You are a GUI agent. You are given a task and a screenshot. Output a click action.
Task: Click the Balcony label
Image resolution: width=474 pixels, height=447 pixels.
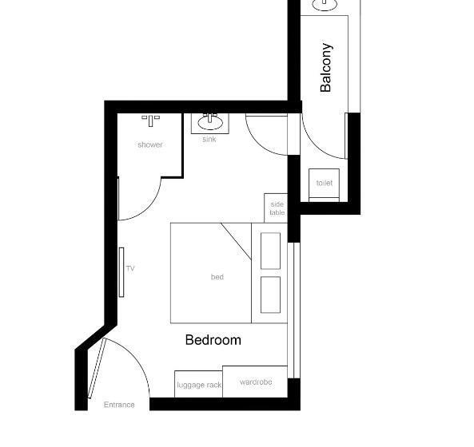pos(325,67)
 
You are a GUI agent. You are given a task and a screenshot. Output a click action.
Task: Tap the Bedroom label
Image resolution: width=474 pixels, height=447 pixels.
pos(213,340)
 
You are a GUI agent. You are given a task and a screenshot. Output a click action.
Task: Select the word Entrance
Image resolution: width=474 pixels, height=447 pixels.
pos(119,405)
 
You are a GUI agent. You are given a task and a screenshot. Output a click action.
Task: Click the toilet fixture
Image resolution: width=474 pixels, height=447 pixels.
pos(324,183)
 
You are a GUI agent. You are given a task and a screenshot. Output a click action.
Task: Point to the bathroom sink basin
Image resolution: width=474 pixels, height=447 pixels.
pos(211,122)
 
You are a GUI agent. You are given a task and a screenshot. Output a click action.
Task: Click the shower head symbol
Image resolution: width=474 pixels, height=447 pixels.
pos(150,120)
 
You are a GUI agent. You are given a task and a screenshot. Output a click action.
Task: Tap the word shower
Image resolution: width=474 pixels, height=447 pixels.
pos(149,144)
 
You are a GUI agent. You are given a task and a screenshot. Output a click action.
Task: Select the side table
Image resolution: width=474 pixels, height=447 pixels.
pos(276,208)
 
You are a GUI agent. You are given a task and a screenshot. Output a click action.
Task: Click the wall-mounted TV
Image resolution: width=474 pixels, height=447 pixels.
pos(121,271)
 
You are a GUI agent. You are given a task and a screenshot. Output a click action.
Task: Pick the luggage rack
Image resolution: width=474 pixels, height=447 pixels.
pos(198,384)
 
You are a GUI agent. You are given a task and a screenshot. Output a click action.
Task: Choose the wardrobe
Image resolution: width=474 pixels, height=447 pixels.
pos(255,382)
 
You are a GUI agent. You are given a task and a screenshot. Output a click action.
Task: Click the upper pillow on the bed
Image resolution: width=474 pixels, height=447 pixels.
pos(270,250)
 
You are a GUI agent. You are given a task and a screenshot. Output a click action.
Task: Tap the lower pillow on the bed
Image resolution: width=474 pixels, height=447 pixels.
pos(270,295)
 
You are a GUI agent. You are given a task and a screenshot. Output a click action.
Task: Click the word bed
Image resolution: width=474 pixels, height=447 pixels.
pos(217,277)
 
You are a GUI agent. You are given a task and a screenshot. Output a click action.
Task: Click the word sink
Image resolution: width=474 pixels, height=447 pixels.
pos(209,139)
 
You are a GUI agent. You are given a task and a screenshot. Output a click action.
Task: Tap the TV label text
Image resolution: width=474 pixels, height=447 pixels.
pos(130,269)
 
